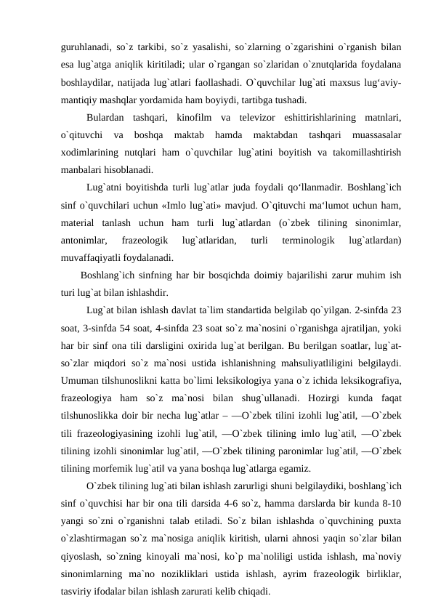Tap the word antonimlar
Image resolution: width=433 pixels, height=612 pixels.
tap(84, 240)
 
